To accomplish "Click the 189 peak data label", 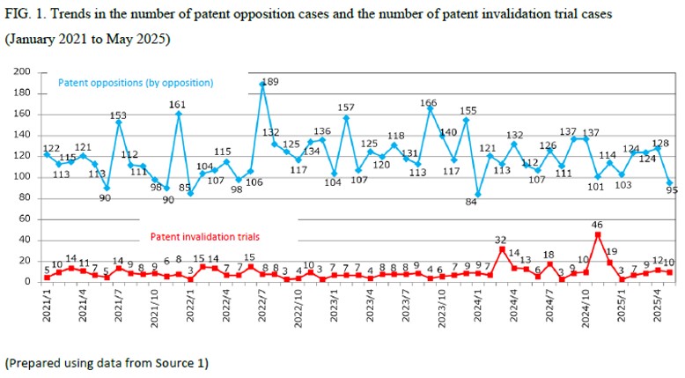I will click(x=270, y=82).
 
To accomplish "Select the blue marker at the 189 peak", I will click(x=262, y=85).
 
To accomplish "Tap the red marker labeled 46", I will click(x=598, y=234).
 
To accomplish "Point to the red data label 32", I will click(x=501, y=240).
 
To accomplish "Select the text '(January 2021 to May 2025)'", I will click(x=88, y=40).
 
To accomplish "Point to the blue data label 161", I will click(x=178, y=104).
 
